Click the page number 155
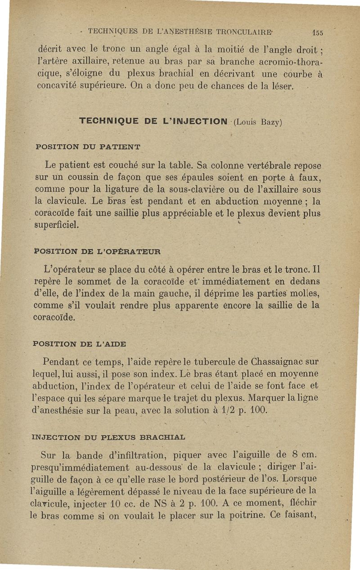(318, 32)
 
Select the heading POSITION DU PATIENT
(88, 147)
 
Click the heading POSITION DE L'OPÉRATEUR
(98, 251)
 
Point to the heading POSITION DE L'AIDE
(80, 344)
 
